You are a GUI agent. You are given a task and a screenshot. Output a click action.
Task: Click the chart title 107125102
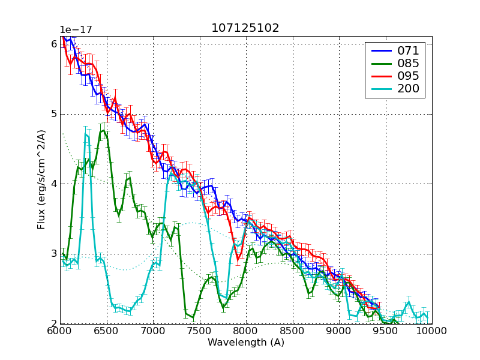tap(245, 28)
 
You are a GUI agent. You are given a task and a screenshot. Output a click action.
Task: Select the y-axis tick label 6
tap(54, 44)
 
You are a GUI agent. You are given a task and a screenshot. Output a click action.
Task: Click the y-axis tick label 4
tap(54, 184)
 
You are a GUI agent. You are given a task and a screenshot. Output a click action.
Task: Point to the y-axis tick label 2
tap(54, 324)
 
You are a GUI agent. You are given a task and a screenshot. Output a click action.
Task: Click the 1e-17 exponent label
tap(76, 30)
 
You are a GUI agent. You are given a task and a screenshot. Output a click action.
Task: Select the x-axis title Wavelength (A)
tap(246, 343)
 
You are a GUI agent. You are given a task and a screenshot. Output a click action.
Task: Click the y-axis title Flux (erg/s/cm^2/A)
tap(41, 180)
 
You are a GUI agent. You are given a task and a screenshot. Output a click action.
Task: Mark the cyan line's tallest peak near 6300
tap(86, 134)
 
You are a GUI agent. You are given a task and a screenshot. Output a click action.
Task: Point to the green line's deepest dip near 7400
tap(193, 318)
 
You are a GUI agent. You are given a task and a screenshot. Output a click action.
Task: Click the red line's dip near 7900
tap(238, 259)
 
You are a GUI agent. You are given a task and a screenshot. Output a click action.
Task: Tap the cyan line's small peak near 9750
tap(409, 302)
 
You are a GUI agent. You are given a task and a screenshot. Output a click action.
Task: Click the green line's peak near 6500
tap(104, 130)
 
